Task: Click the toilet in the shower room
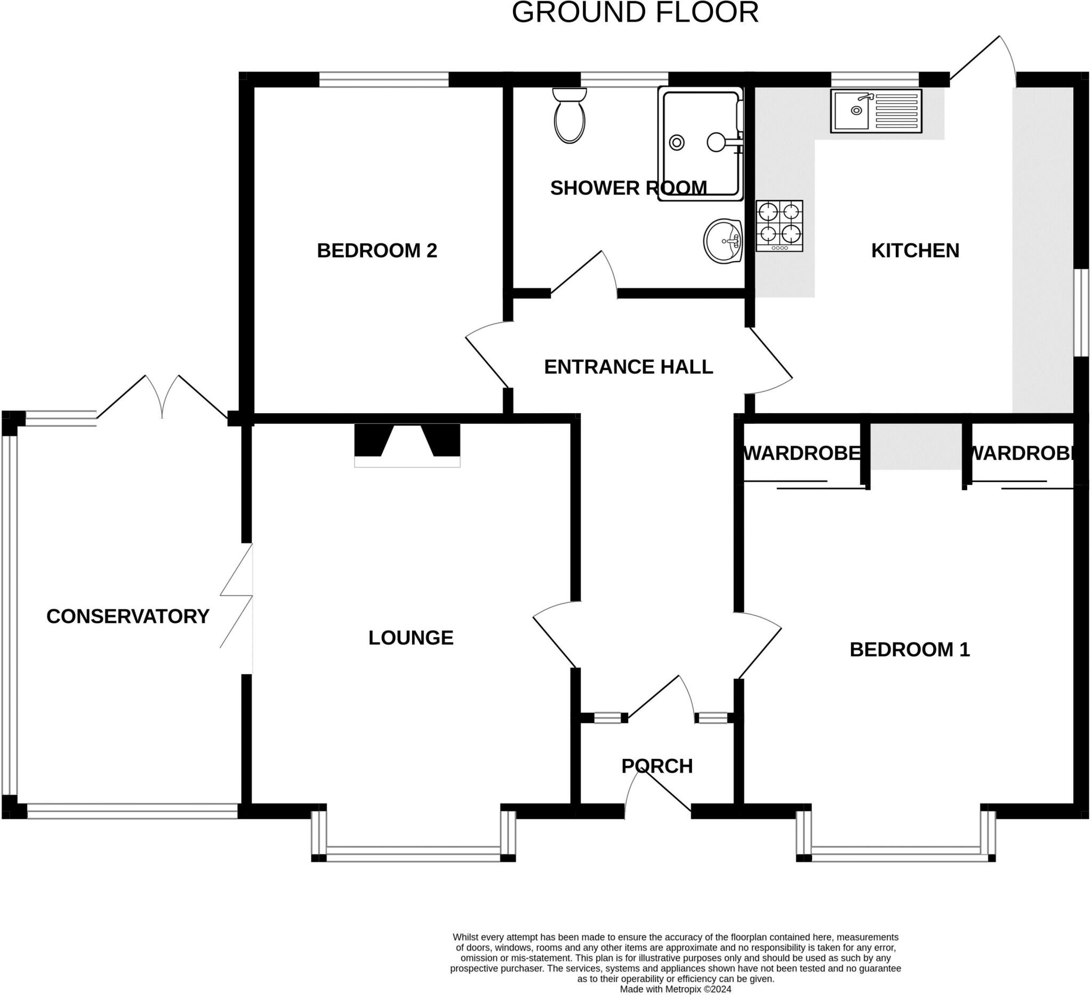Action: [569, 116]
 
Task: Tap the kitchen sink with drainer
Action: [876, 111]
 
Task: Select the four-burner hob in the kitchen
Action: [779, 226]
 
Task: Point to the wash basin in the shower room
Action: [722, 241]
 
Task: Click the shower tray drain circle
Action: [677, 142]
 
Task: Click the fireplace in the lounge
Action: [407, 445]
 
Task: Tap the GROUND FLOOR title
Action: [635, 12]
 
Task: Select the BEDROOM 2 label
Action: [376, 250]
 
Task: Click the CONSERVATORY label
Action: [128, 616]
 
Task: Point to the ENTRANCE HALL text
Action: [628, 367]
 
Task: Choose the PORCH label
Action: [656, 766]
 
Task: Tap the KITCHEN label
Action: [915, 250]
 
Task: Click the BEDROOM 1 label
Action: [910, 649]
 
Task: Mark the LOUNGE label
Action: [411, 638]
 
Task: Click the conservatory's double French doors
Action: [162, 398]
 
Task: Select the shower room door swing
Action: [588, 276]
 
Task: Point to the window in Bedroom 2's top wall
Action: [383, 80]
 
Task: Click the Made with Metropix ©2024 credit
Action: [676, 989]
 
